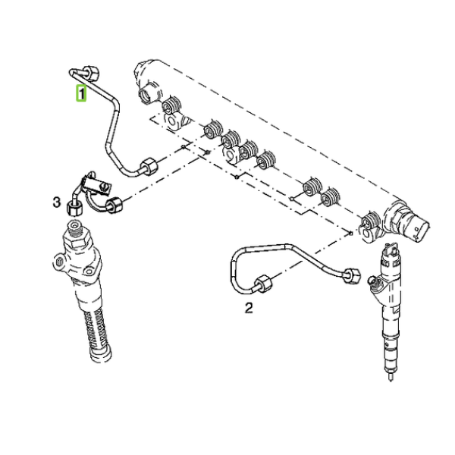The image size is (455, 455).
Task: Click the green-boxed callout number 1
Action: pyautogui.click(x=81, y=93)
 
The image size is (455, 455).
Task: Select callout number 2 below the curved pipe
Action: pyautogui.click(x=249, y=308)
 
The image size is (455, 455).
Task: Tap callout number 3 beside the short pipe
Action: pyautogui.click(x=57, y=202)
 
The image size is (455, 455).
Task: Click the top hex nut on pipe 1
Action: pyautogui.click(x=92, y=73)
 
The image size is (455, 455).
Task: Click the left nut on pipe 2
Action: pyautogui.click(x=263, y=284)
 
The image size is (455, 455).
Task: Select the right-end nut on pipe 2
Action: pyautogui.click(x=352, y=276)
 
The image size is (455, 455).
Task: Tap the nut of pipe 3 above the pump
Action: pyautogui.click(x=74, y=208)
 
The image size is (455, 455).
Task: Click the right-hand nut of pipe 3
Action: pyautogui.click(x=114, y=205)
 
